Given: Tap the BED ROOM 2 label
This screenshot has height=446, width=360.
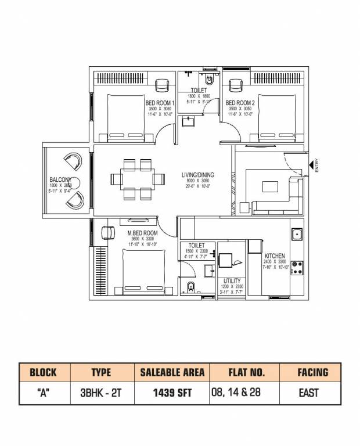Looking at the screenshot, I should point(239,103).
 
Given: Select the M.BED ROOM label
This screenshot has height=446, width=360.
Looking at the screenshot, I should point(142,233).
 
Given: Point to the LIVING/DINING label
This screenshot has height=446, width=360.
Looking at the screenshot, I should point(198,175).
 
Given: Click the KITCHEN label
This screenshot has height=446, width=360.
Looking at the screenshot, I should point(274,256).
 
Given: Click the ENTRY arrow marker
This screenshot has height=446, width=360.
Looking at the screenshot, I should point(312,167).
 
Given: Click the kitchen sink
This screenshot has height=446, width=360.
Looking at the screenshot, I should point(297,235).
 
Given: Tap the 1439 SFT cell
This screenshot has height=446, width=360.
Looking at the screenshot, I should point(172,393).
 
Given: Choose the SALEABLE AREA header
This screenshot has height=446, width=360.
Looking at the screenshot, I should point(172,372).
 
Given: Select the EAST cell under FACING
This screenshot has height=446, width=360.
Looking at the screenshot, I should point(309,393).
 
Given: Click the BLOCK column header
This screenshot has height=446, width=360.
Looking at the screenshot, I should point(44,372).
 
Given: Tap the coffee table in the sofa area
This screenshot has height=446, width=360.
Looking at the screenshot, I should point(270,186).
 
